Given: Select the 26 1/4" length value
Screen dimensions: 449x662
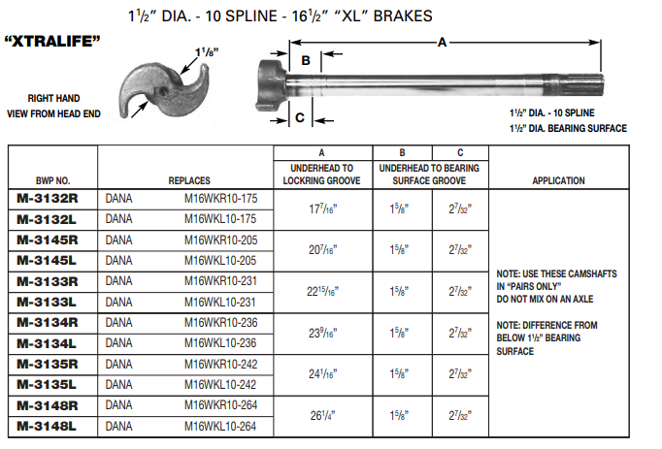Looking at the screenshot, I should [x=321, y=416].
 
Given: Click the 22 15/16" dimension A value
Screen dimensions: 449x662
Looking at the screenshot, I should [x=321, y=291].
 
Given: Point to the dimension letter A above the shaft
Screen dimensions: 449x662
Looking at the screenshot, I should [x=443, y=42].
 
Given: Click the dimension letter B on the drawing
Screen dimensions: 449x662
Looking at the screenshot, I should [x=305, y=60].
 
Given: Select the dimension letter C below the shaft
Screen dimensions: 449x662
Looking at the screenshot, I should [x=300, y=117].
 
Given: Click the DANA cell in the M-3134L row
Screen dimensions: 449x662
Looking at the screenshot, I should [x=118, y=343].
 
